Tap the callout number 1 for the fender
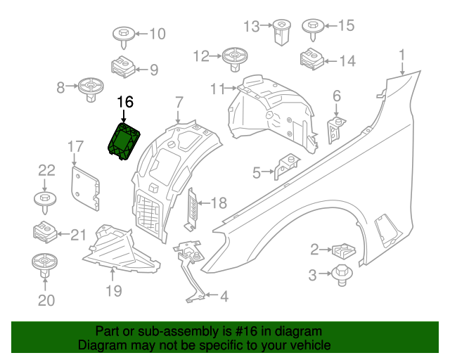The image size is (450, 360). (x=402, y=54)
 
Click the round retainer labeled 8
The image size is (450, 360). (x=90, y=89)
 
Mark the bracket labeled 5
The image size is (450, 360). (x=284, y=166)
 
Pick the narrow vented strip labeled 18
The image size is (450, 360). (x=191, y=209)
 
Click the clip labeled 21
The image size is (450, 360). (x=45, y=231)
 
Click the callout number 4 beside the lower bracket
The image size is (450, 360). (x=224, y=297)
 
